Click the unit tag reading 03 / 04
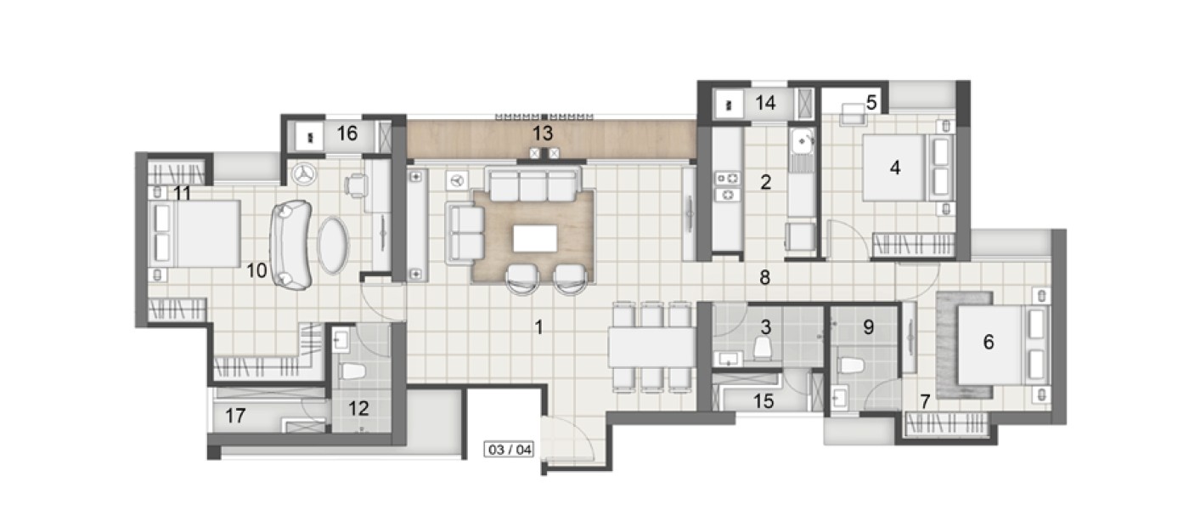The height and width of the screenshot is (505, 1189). point(510,450)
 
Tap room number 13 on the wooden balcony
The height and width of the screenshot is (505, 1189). point(543,133)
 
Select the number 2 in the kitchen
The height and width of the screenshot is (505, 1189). point(765,183)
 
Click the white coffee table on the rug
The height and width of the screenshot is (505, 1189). point(535,238)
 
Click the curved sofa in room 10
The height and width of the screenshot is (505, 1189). point(291,245)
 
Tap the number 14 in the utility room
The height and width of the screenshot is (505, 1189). point(765,103)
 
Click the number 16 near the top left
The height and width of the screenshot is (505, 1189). point(347,133)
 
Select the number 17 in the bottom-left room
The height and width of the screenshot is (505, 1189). point(235,416)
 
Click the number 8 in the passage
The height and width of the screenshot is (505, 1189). point(765,277)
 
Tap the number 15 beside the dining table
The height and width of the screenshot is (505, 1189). point(764,401)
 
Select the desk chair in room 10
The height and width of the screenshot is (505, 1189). point(355,185)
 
